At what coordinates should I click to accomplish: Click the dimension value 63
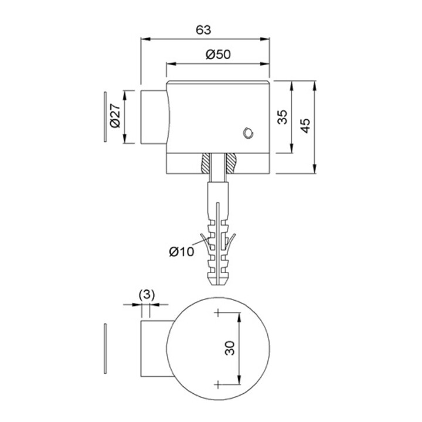click(x=203, y=30)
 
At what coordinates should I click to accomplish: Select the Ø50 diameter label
click(x=218, y=55)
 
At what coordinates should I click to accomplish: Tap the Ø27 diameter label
click(x=115, y=115)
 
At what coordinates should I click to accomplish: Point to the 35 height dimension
click(x=283, y=117)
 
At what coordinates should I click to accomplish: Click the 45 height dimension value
click(x=305, y=125)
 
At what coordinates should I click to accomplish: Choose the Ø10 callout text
click(x=181, y=252)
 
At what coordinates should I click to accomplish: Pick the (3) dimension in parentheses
click(x=147, y=295)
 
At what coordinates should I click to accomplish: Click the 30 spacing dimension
click(x=230, y=348)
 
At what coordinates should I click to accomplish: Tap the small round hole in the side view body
click(x=248, y=133)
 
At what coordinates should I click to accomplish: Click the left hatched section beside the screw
click(x=205, y=163)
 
